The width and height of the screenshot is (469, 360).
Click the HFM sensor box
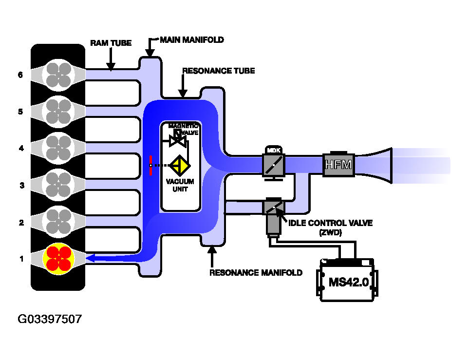click(338, 164)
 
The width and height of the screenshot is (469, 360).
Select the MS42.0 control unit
click(347, 281)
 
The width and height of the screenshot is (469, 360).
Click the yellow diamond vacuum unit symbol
click(180, 166)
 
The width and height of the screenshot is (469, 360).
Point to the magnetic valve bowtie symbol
click(178, 140)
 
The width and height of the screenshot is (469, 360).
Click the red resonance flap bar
click(151, 165)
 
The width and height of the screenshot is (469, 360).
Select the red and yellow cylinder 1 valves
click(58, 259)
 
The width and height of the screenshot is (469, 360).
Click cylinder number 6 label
click(20, 75)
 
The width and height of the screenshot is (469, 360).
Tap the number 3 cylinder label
click(22, 185)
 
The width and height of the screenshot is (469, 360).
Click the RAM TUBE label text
click(111, 43)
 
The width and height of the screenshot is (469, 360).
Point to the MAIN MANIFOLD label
click(192, 40)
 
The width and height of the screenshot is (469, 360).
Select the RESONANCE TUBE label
click(219, 71)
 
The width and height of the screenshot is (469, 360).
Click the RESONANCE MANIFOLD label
click(256, 273)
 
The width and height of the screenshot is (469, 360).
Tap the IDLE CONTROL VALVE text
click(331, 223)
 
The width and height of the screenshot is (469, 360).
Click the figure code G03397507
click(50, 319)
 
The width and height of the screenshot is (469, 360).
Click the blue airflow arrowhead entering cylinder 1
click(91, 258)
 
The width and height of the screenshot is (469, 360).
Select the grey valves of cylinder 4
click(58, 148)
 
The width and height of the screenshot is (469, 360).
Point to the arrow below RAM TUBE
click(111, 59)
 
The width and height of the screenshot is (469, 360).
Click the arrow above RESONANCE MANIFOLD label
click(212, 256)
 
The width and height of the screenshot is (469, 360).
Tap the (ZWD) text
click(331, 232)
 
